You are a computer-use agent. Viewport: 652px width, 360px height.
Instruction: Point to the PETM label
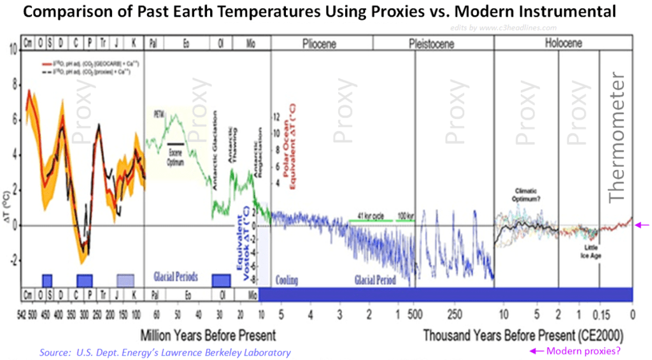[159, 115]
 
